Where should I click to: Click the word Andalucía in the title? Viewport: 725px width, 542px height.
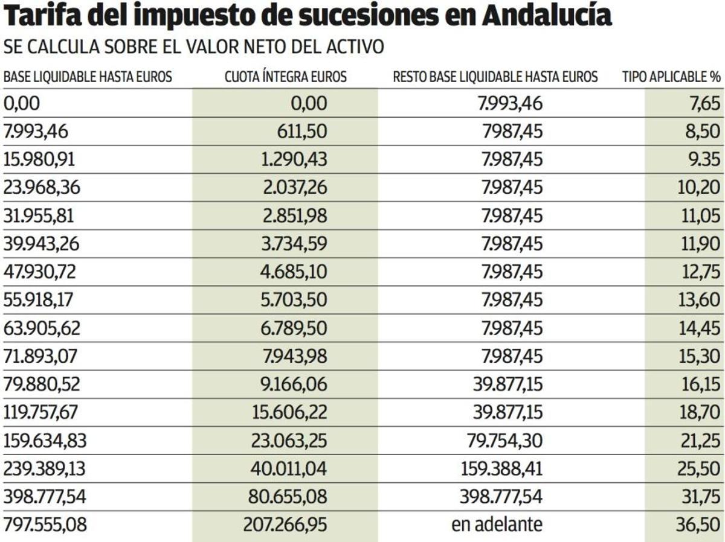(547, 18)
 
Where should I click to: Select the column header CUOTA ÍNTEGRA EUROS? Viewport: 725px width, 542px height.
(286, 77)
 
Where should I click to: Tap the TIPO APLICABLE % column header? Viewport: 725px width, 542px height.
(671, 77)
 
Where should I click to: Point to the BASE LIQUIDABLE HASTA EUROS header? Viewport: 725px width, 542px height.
(88, 77)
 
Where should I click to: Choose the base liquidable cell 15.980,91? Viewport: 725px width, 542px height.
(42, 159)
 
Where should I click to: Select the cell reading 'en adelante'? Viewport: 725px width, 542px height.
(497, 524)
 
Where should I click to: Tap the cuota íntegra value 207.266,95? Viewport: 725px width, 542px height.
(285, 524)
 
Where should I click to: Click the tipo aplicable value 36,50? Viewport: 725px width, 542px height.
(697, 524)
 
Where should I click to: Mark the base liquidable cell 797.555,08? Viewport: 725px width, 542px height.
(45, 524)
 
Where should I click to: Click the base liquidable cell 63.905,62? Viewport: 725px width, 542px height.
(42, 328)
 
